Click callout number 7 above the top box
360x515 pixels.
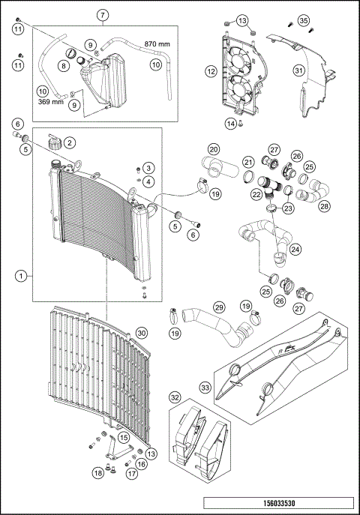click(103, 15)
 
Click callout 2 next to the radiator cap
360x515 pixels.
click(69, 142)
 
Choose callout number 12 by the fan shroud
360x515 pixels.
click(212, 71)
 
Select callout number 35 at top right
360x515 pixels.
click(303, 19)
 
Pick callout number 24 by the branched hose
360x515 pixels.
click(295, 248)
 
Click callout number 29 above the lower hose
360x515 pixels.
click(219, 307)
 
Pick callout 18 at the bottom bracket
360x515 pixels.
click(97, 472)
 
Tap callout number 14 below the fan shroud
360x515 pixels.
click(231, 123)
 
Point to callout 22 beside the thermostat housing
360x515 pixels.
click(256, 194)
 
